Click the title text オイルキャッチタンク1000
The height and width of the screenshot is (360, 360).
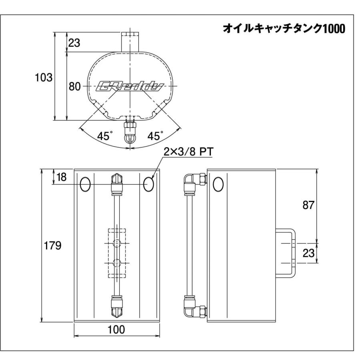point(284,29)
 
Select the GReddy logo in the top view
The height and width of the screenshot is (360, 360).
point(130,86)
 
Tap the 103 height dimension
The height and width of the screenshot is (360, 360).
point(44,77)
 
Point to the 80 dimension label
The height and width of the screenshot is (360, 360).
point(75,86)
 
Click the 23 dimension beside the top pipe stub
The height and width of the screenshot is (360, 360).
point(74,44)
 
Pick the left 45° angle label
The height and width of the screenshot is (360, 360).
point(105,136)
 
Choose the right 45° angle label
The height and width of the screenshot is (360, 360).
point(156,136)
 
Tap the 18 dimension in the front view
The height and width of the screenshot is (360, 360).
point(62,177)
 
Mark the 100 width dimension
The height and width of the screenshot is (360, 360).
point(116,330)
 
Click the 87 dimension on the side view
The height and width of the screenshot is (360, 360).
point(308,205)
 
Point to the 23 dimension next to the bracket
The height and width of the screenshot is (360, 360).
point(308,253)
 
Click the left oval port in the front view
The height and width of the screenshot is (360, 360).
point(85,184)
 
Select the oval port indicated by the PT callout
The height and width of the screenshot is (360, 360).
point(148,184)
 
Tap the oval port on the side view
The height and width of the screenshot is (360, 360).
point(218,184)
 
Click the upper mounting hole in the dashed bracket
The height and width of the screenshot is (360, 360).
point(116,243)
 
